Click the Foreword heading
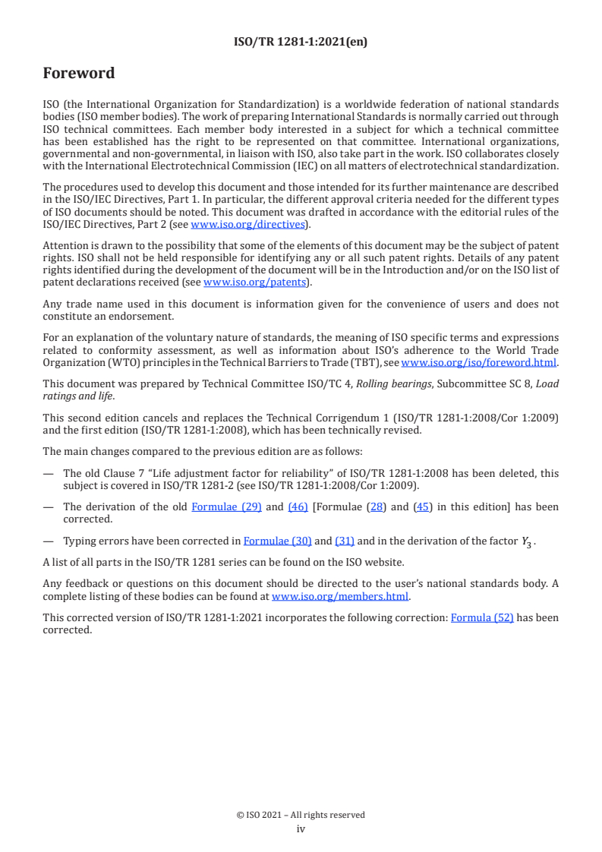coord(79,74)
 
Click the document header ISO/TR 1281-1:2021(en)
coord(301,43)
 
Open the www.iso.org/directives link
coord(247,224)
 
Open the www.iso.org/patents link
coord(256,282)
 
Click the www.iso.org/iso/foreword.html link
coord(478,362)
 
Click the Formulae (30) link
coord(277,541)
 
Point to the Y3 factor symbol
coord(525,541)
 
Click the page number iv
coord(301,829)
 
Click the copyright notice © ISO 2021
coord(301,815)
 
